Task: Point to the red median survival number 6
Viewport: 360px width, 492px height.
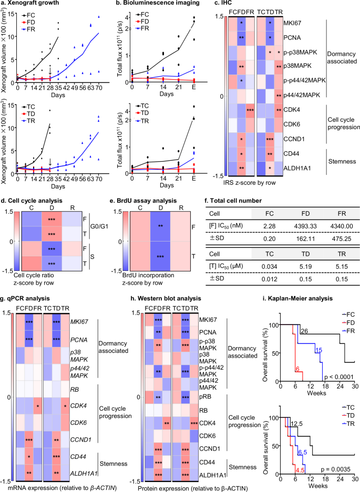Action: pyautogui.click(x=296, y=369)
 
